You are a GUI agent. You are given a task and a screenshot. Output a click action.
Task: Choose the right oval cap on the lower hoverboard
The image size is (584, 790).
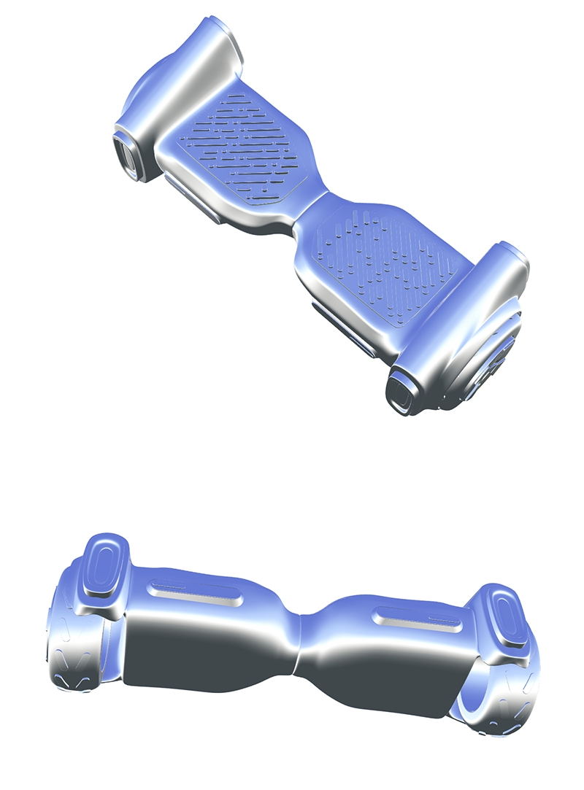(x=503, y=617)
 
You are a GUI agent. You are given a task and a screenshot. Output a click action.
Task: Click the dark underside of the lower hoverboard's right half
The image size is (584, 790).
(x=387, y=678)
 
